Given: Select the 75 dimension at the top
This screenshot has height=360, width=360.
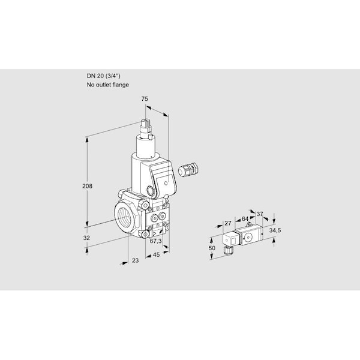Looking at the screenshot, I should pyautogui.click(x=145, y=99).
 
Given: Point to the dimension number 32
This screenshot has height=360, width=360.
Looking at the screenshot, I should pyautogui.click(x=86, y=238).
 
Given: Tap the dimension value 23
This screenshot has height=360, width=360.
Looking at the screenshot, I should pyautogui.click(x=135, y=260).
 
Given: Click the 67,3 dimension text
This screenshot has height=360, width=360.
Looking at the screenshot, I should pyautogui.click(x=154, y=241).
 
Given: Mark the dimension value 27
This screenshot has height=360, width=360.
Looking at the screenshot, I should pyautogui.click(x=227, y=223).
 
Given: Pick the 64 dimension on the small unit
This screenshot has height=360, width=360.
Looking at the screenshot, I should pyautogui.click(x=245, y=219).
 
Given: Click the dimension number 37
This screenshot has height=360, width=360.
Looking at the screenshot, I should pyautogui.click(x=260, y=214).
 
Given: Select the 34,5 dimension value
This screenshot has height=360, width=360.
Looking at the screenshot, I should pyautogui.click(x=274, y=230).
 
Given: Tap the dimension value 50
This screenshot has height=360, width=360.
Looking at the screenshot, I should pyautogui.click(x=211, y=248).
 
